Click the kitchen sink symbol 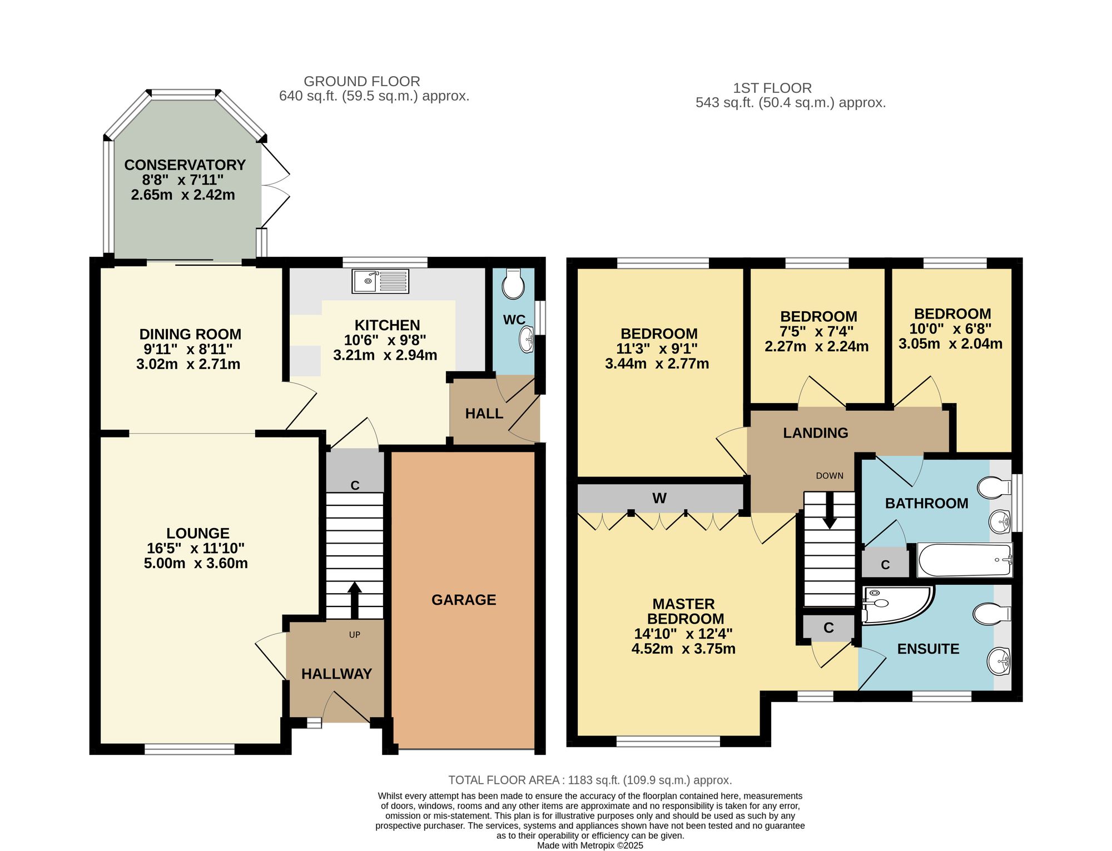(380, 281)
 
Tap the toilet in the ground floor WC (513, 284)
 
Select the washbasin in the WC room (527, 340)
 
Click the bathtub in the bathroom (965, 560)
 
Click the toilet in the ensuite (992, 614)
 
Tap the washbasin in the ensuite (999, 661)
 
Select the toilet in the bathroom (994, 488)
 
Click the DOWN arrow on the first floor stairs (830, 510)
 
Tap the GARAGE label (464, 600)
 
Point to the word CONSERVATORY (185, 165)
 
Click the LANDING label (816, 433)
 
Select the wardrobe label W (659, 498)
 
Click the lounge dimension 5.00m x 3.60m (196, 563)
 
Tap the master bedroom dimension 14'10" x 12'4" (683, 634)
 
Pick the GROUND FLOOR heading (362, 82)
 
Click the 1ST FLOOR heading (772, 88)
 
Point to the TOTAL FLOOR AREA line (590, 780)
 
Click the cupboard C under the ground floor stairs (355, 486)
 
